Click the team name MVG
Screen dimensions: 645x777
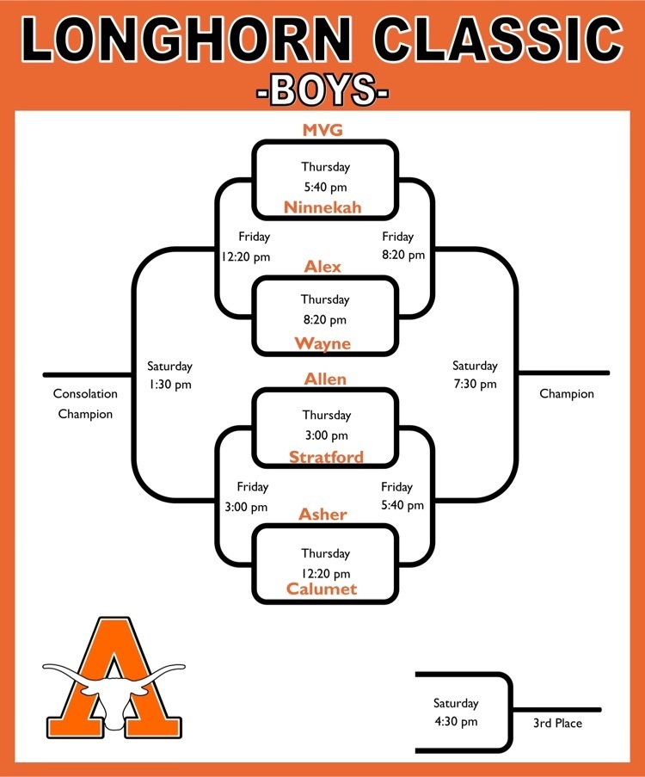click(322, 130)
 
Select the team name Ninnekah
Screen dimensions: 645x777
click(322, 207)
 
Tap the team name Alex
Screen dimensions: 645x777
click(322, 267)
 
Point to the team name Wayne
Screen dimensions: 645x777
click(322, 343)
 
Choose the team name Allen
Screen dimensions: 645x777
click(325, 379)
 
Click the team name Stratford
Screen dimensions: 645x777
click(326, 457)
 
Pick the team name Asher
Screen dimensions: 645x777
click(322, 515)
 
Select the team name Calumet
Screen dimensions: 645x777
click(322, 589)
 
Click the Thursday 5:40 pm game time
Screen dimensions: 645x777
click(325, 177)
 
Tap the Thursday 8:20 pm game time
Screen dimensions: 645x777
click(325, 310)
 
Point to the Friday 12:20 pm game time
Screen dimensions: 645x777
click(246, 247)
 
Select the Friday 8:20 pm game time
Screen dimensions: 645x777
click(403, 246)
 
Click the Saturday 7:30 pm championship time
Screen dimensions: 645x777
click(475, 374)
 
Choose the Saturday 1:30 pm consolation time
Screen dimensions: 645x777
click(169, 375)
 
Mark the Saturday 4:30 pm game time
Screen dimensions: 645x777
click(456, 712)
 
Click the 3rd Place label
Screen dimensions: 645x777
click(557, 724)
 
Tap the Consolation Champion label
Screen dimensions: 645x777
click(85, 404)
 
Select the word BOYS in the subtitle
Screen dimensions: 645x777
click(322, 89)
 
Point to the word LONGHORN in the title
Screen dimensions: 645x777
click(187, 40)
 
